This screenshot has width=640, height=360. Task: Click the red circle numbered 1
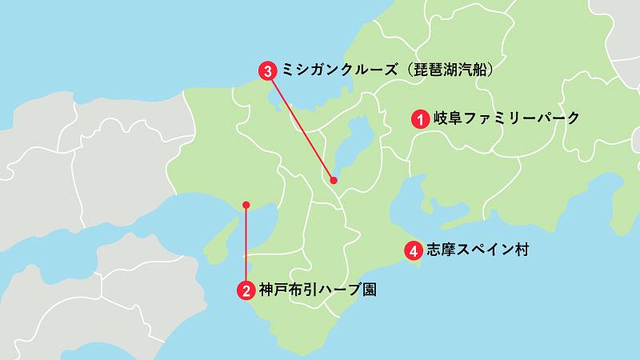click(418, 119)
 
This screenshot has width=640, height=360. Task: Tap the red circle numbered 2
click(246, 290)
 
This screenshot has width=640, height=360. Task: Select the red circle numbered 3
click(269, 70)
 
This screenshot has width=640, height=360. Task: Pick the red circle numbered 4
click(413, 250)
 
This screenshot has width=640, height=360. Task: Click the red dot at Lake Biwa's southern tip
click(334, 182)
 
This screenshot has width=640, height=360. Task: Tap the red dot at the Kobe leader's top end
click(246, 204)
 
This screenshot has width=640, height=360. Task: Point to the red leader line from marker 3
click(302, 126)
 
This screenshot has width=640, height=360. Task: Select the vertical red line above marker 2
click(246, 244)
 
